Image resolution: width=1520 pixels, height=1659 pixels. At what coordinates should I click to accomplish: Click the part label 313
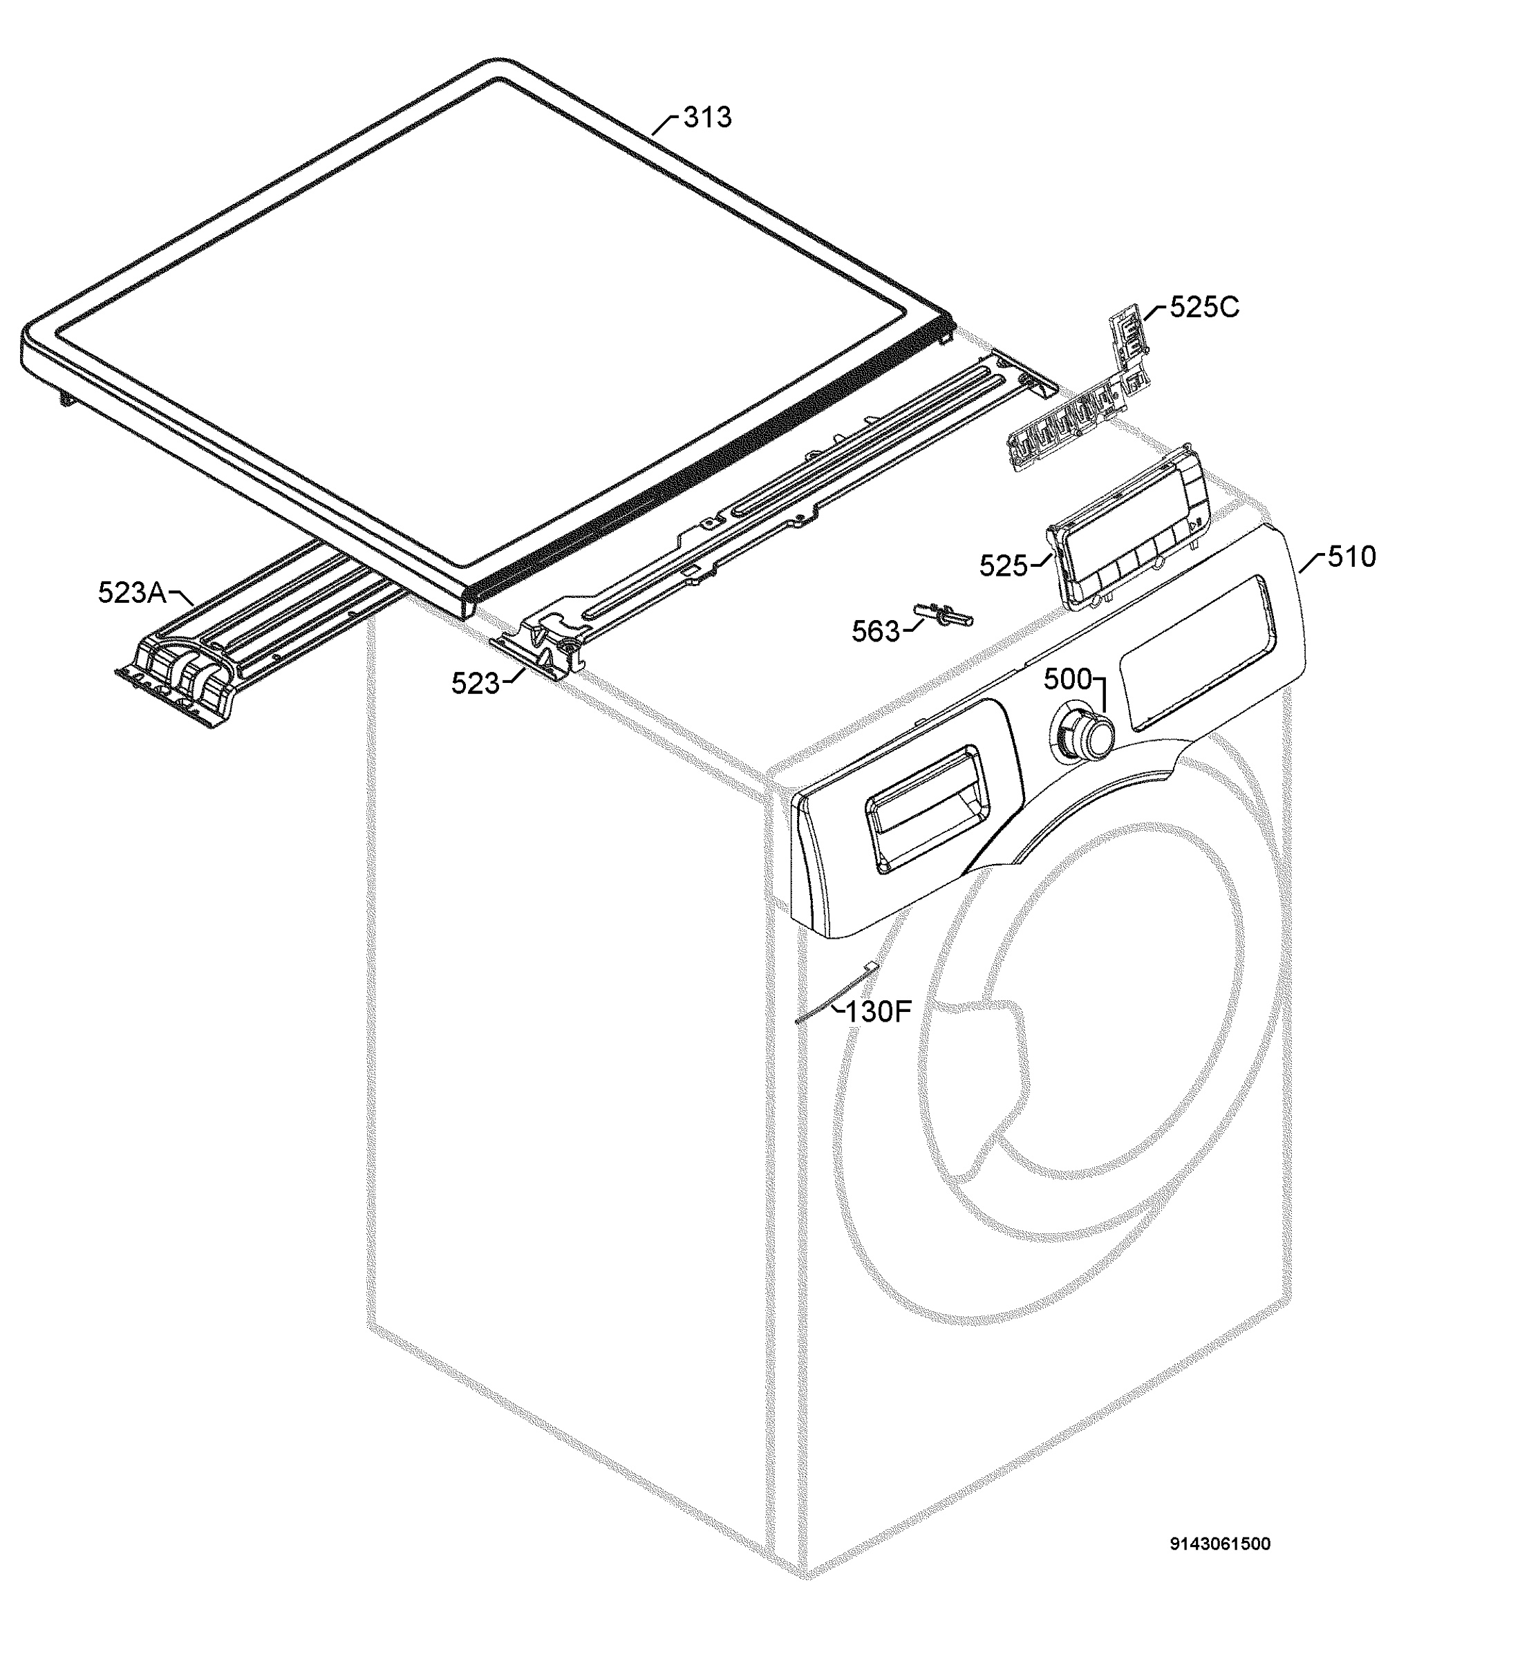pyautogui.click(x=707, y=118)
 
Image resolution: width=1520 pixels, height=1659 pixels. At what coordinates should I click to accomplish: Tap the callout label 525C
pyautogui.click(x=1204, y=308)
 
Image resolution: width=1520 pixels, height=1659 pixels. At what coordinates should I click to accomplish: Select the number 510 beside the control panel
pyautogui.click(x=1352, y=557)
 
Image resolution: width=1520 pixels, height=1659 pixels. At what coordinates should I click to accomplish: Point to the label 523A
pyautogui.click(x=133, y=592)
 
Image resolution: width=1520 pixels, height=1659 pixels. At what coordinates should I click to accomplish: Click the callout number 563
pyautogui.click(x=876, y=631)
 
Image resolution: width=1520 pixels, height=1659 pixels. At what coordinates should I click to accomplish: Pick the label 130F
pyautogui.click(x=878, y=1012)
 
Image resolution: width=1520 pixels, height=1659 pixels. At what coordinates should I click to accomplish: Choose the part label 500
pyautogui.click(x=1068, y=679)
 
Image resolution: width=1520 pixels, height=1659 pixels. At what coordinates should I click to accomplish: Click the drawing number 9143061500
pyautogui.click(x=1221, y=1544)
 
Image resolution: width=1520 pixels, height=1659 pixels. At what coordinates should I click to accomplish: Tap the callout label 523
pyautogui.click(x=476, y=683)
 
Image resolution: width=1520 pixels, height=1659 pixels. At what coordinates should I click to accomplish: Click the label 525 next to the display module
pyautogui.click(x=1003, y=566)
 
